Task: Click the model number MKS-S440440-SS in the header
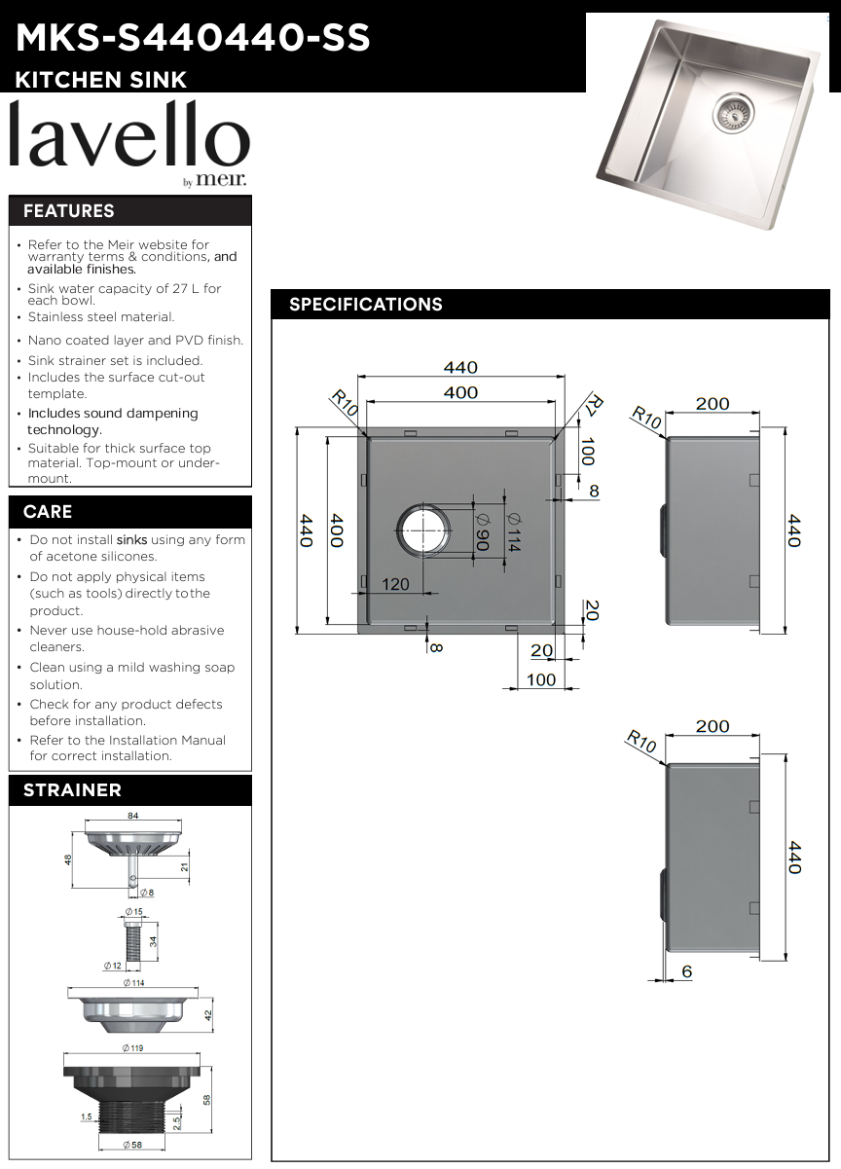click(193, 37)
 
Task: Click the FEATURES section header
click(69, 211)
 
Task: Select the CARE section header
click(48, 512)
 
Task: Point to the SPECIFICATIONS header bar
click(366, 305)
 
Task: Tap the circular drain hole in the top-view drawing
click(423, 530)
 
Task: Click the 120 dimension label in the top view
click(395, 584)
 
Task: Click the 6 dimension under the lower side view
click(687, 971)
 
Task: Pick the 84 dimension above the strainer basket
click(132, 817)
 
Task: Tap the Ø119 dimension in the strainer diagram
click(132, 1047)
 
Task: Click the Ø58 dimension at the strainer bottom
click(132, 1146)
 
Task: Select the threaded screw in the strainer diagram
click(133, 941)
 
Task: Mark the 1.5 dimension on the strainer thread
click(86, 1117)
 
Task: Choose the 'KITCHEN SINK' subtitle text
click(101, 80)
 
